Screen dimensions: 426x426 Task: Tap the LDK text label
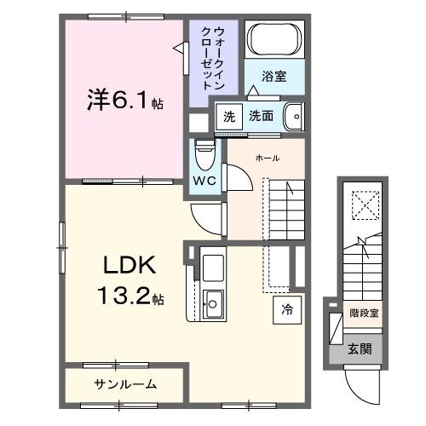pyautogui.click(x=129, y=266)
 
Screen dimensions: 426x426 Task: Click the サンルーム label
pyautogui.click(x=124, y=384)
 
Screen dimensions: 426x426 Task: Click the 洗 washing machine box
pyautogui.click(x=227, y=116)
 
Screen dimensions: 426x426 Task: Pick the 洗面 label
pyautogui.click(x=262, y=116)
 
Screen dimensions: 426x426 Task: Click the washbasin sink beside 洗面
pyautogui.click(x=293, y=115)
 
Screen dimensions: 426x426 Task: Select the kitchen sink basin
pyautogui.click(x=213, y=301)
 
